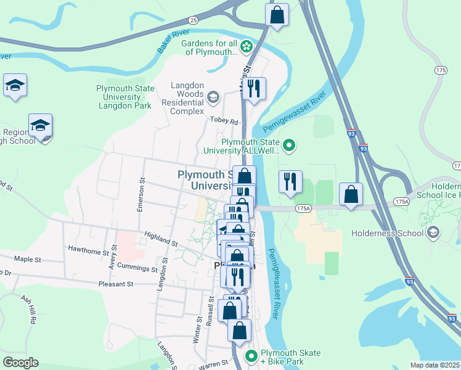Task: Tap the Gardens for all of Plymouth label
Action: click(209, 47)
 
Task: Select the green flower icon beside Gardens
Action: click(246, 46)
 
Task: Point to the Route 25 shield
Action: click(194, 20)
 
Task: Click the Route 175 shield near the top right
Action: click(440, 71)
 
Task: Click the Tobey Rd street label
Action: click(224, 121)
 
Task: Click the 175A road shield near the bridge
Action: click(303, 209)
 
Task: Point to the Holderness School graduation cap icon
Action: click(433, 232)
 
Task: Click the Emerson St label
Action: click(141, 195)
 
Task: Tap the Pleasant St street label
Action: click(116, 284)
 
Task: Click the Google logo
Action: click(21, 363)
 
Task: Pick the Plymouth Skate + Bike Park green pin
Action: click(251, 356)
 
